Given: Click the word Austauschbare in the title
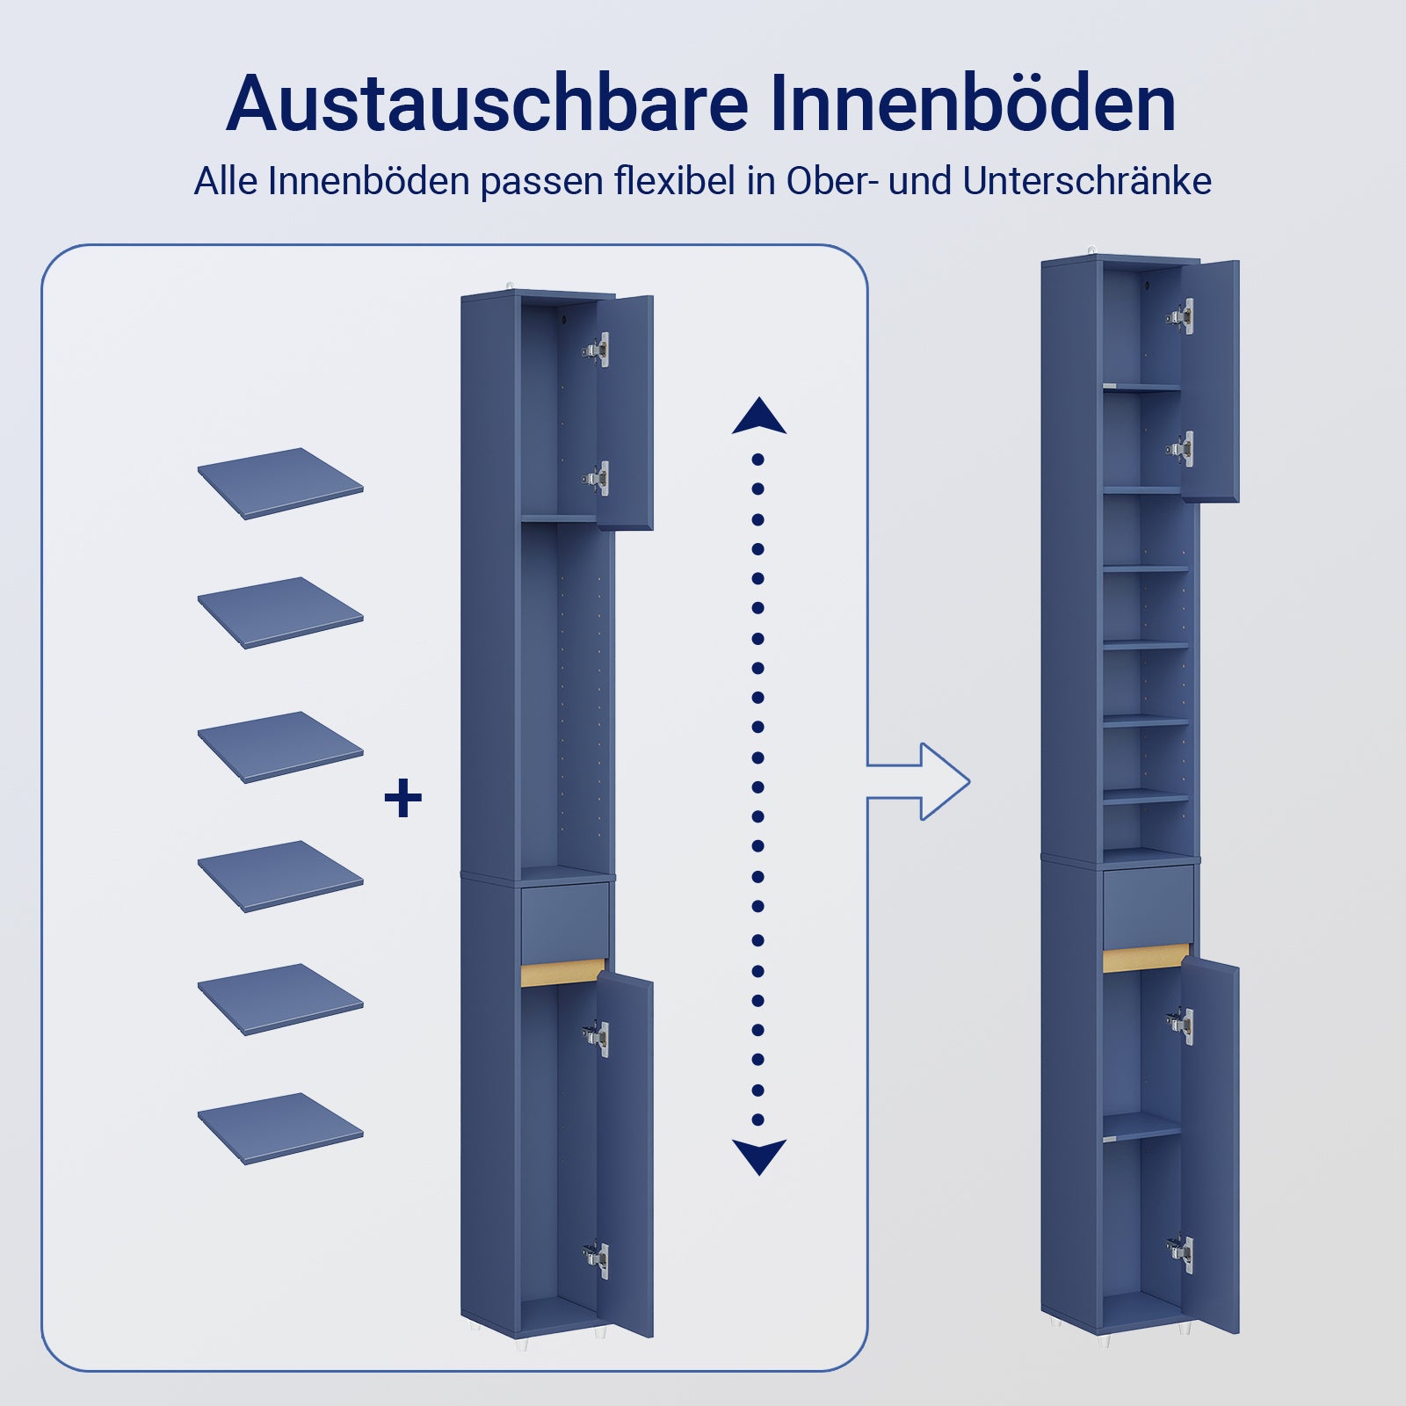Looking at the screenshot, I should [486, 104].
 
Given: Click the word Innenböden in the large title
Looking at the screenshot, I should [973, 104].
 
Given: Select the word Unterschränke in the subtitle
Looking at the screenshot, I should [1087, 181].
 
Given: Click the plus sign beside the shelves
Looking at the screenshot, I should [403, 798].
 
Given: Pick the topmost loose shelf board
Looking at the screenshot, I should [279, 482].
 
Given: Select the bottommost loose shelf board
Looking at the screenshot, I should [279, 1127].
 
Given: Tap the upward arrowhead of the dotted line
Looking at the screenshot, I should [758, 417].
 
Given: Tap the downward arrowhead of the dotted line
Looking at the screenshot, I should [758, 1156].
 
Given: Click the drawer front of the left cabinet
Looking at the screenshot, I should [564, 922].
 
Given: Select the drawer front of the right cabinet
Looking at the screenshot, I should [1147, 906].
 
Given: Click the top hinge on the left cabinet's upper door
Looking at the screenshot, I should [597, 350].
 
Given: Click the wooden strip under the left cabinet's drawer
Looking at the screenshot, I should [562, 973].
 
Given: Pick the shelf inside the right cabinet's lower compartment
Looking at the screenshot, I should [1141, 1127].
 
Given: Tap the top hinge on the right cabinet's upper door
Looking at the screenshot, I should [1181, 316].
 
